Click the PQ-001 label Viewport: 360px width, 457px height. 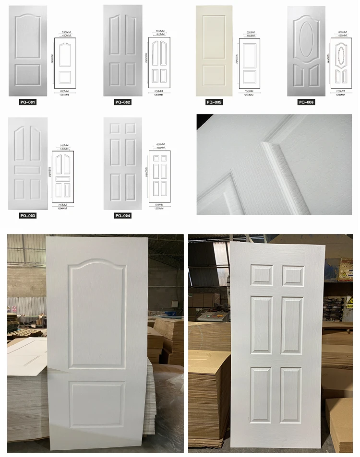pyautogui.click(x=28, y=102)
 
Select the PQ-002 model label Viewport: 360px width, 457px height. pyautogui.click(x=123, y=102)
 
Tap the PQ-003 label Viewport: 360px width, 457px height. pyautogui.click(x=28, y=216)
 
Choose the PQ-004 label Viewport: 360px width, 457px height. pyautogui.click(x=123, y=216)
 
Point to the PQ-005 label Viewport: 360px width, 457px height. pyautogui.click(x=214, y=102)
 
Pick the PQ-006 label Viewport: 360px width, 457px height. pyautogui.click(x=306, y=102)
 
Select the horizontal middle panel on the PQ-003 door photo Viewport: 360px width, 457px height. pyautogui.click(x=28, y=170)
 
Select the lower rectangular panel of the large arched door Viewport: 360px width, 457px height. pyautogui.click(x=97, y=404)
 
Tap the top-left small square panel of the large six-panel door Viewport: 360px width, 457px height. pyautogui.click(x=261, y=275)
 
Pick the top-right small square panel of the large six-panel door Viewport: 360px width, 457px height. pyautogui.click(x=293, y=275)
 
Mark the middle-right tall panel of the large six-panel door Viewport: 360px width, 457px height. pyautogui.click(x=292, y=326)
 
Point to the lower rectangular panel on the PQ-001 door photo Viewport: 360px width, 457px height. pyautogui.click(x=28, y=75)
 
